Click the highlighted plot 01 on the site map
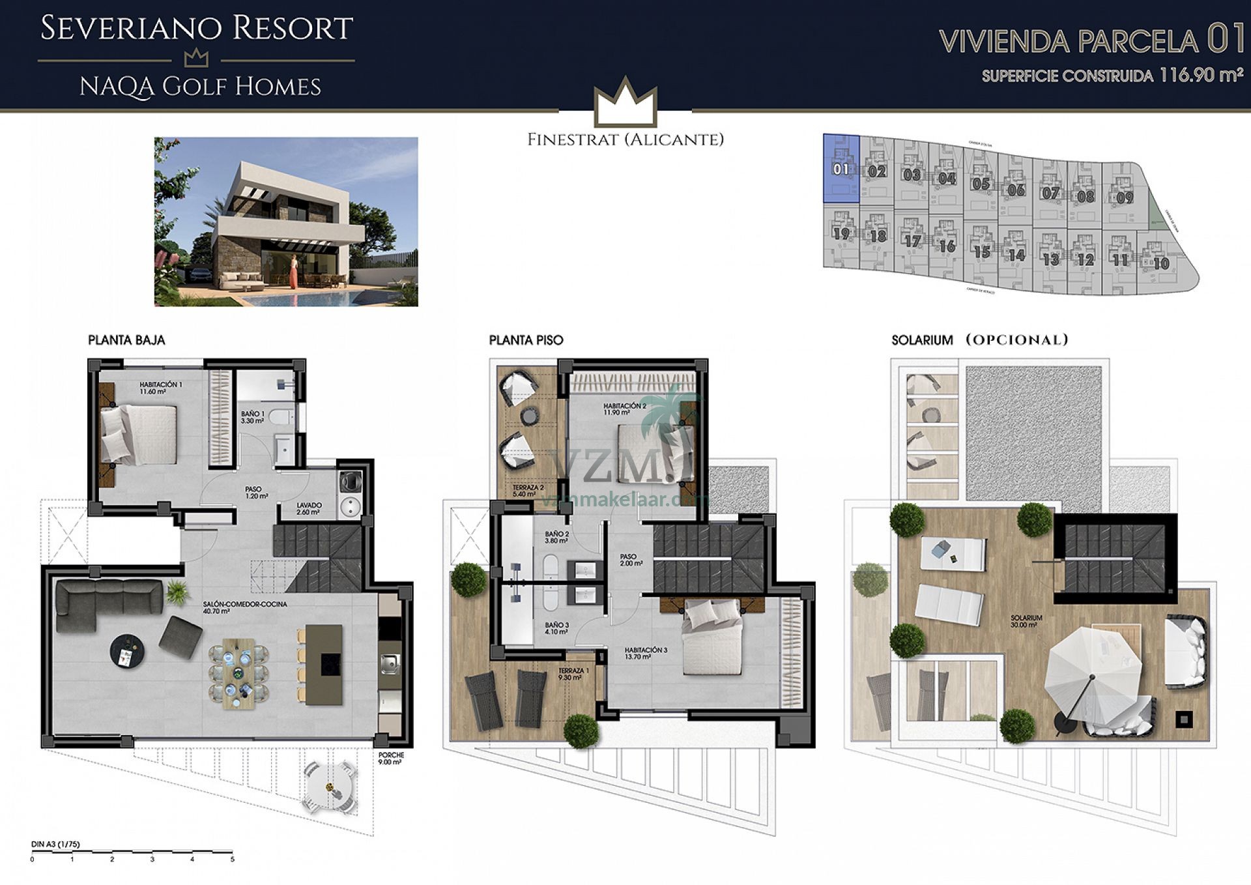(x=841, y=169)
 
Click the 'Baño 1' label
(x=252, y=417)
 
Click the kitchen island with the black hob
(x=324, y=664)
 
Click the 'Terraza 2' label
(x=528, y=491)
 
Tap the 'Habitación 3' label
(x=646, y=653)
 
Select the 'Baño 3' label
(x=556, y=628)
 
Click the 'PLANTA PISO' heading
(x=526, y=340)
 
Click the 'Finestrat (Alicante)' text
(x=625, y=139)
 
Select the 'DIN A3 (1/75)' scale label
(x=55, y=845)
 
